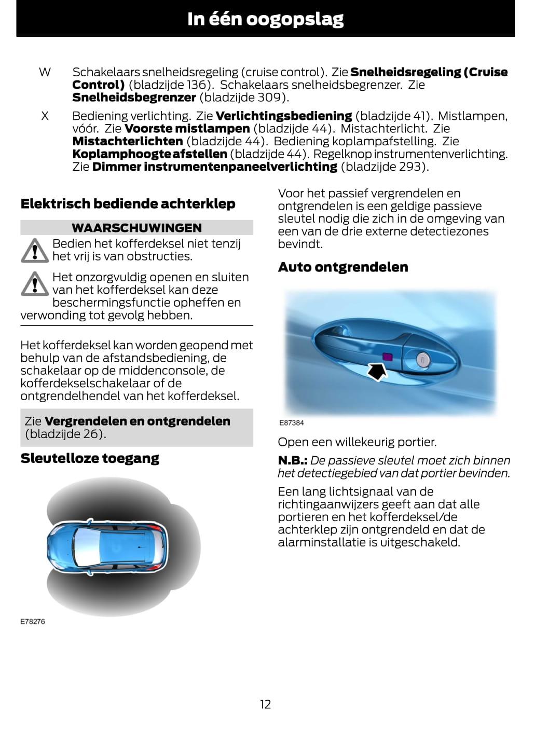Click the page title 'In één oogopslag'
(265, 19)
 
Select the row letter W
(45, 72)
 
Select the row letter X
(45, 116)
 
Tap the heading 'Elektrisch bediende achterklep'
(128, 204)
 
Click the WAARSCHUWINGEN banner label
(136, 228)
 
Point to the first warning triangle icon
(34, 251)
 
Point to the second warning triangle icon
(34, 284)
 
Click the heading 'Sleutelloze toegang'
(90, 459)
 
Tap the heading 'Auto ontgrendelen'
(343, 267)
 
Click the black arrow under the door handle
(377, 371)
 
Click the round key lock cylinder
(423, 359)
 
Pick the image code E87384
(292, 423)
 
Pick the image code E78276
(33, 622)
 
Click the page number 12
(265, 704)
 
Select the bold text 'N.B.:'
(293, 461)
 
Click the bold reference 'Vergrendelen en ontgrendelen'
(137, 421)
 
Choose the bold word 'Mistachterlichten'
(128, 141)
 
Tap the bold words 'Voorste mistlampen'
(187, 129)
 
